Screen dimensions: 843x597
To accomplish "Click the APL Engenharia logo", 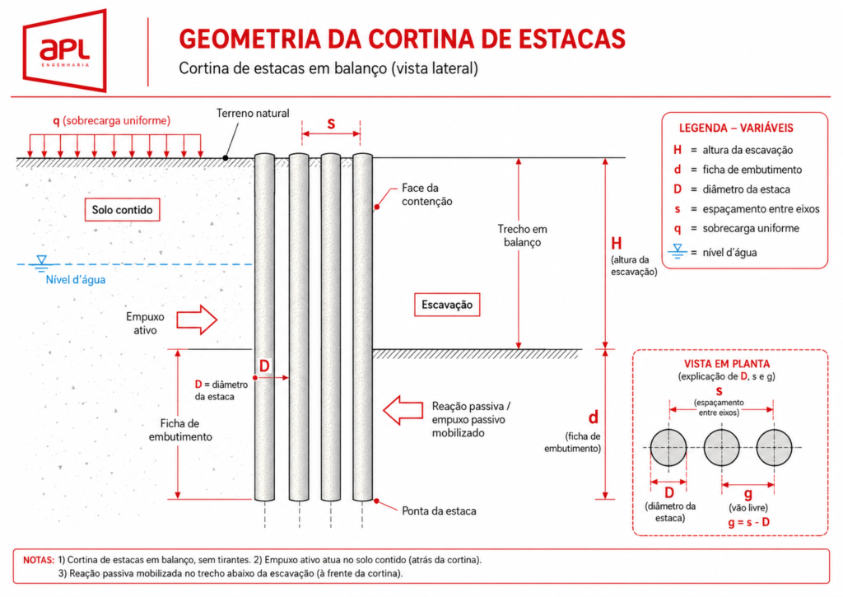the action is coord(64,50).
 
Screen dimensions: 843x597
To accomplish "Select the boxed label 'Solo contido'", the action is coord(122,210).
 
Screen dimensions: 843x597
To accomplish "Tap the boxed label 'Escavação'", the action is coord(447,305).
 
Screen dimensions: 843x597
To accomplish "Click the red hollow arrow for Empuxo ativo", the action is coord(197,320).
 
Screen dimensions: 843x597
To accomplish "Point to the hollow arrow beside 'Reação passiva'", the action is coord(403,410).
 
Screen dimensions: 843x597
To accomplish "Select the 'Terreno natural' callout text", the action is coord(253,113).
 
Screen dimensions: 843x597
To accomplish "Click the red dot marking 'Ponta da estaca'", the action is coord(377,501).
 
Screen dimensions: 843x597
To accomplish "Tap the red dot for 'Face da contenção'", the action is coord(377,207).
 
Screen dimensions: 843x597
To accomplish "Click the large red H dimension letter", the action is coord(616,244).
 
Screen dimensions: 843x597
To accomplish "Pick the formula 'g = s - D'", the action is coord(748,522).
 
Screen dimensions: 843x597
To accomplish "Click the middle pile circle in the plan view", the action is coord(721,447).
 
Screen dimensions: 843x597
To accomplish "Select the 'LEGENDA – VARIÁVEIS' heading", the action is coord(736,128).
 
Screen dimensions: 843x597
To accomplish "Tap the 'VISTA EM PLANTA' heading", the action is coord(726,364).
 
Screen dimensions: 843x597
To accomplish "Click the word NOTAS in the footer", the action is coord(39,560).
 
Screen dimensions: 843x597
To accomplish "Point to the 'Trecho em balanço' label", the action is coord(522,236).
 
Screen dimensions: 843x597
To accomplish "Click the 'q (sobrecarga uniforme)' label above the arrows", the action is coord(111,120).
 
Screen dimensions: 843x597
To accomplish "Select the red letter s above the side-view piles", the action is coord(331,124).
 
